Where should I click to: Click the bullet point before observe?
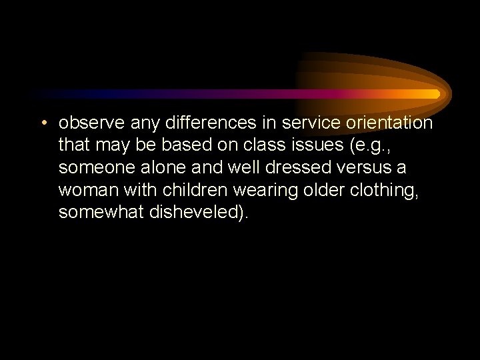pos(43,123)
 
